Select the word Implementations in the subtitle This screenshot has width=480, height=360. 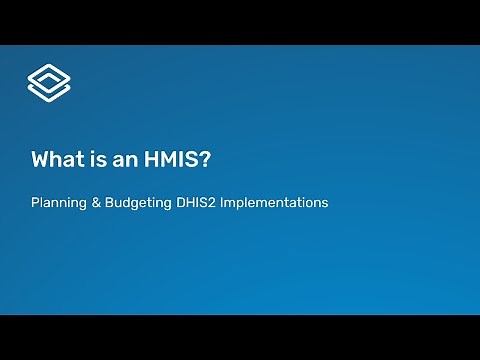[274, 203]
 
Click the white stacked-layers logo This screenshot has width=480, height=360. [48, 83]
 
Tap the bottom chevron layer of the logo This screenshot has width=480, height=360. [48, 93]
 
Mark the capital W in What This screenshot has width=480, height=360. [40, 159]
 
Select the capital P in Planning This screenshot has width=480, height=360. [35, 202]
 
